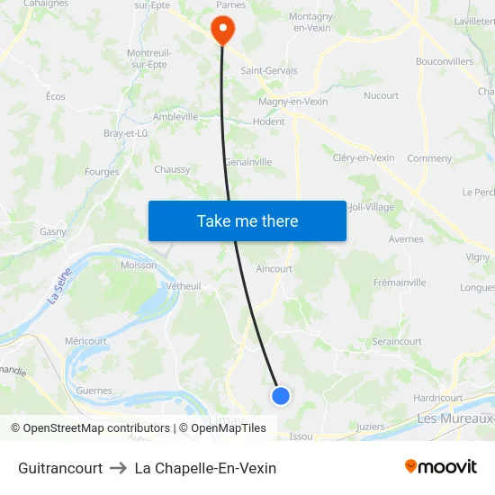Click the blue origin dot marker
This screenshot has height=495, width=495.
pyautogui.click(x=281, y=395)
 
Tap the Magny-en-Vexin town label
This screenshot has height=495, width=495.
pyautogui.click(x=292, y=102)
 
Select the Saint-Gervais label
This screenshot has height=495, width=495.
pyautogui.click(x=268, y=70)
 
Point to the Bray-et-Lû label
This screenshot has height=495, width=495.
pyautogui.click(x=125, y=133)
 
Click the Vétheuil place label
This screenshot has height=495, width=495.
pyautogui.click(x=184, y=285)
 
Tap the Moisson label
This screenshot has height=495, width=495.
pyautogui.click(x=139, y=265)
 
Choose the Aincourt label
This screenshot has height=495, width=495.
pyautogui.click(x=274, y=268)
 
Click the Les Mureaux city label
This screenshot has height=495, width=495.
pyautogui.click(x=454, y=418)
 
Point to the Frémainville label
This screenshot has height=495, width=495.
pyautogui.click(x=400, y=283)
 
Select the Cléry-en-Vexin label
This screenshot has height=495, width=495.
pyautogui.click(x=364, y=157)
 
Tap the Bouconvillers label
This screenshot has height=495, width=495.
pyautogui.click(x=444, y=61)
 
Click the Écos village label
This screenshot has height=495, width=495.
pyautogui.click(x=56, y=96)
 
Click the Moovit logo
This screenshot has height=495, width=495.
pyautogui.click(x=440, y=467)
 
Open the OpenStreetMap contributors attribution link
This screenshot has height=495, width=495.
pyautogui.click(x=96, y=428)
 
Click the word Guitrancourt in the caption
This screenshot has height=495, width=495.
pyautogui.click(x=60, y=468)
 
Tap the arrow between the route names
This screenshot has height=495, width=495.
pyautogui.click(x=119, y=468)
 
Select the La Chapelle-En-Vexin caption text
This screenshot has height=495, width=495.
pyautogui.click(x=205, y=468)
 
